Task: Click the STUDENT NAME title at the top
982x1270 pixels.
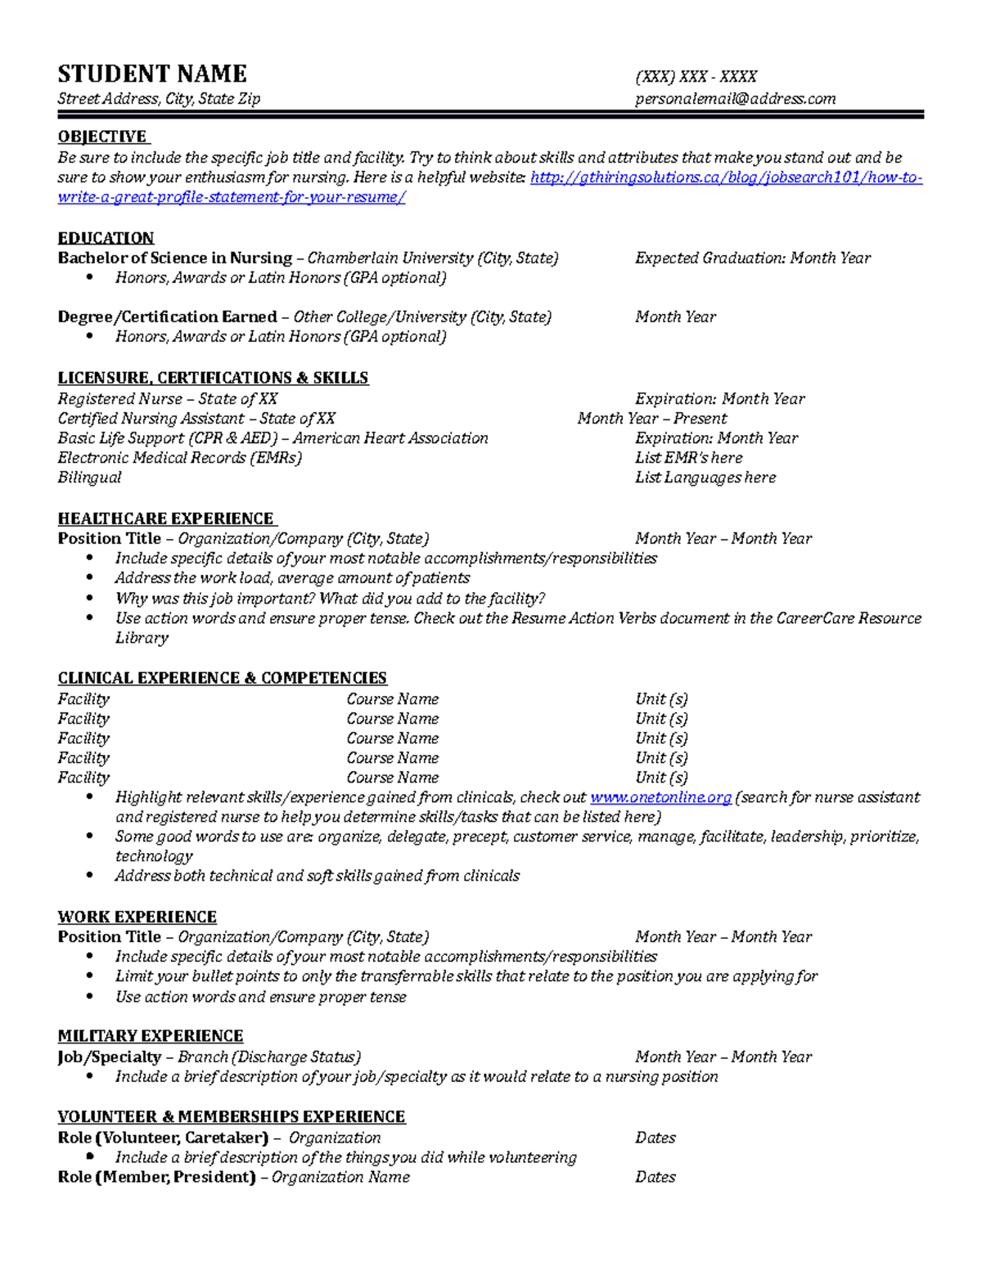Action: click(152, 74)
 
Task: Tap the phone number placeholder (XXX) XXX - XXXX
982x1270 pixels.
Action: click(696, 77)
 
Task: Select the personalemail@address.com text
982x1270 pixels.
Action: click(735, 99)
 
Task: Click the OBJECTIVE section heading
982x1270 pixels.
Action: click(102, 137)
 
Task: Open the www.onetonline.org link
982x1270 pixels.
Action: click(660, 797)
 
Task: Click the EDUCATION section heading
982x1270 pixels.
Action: click(106, 238)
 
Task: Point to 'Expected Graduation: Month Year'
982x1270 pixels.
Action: click(752, 258)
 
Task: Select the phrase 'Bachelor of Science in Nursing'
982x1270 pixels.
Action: click(174, 258)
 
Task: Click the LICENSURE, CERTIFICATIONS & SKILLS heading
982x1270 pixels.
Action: click(213, 378)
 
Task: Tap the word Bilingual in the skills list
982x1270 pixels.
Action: click(89, 478)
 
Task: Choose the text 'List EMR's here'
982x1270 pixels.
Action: click(688, 458)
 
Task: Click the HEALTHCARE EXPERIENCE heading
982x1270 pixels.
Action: click(166, 518)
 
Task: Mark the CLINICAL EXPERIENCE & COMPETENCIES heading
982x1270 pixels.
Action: click(222, 678)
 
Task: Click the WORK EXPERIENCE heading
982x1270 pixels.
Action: click(137, 917)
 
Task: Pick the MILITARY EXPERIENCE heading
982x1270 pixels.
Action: click(151, 1036)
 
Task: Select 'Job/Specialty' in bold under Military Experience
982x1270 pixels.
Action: click(109, 1057)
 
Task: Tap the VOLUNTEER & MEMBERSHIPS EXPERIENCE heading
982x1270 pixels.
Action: click(232, 1117)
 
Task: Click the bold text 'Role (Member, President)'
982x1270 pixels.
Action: click(156, 1178)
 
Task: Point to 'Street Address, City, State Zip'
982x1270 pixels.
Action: click(159, 99)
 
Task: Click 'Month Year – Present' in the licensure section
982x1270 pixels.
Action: click(651, 419)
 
